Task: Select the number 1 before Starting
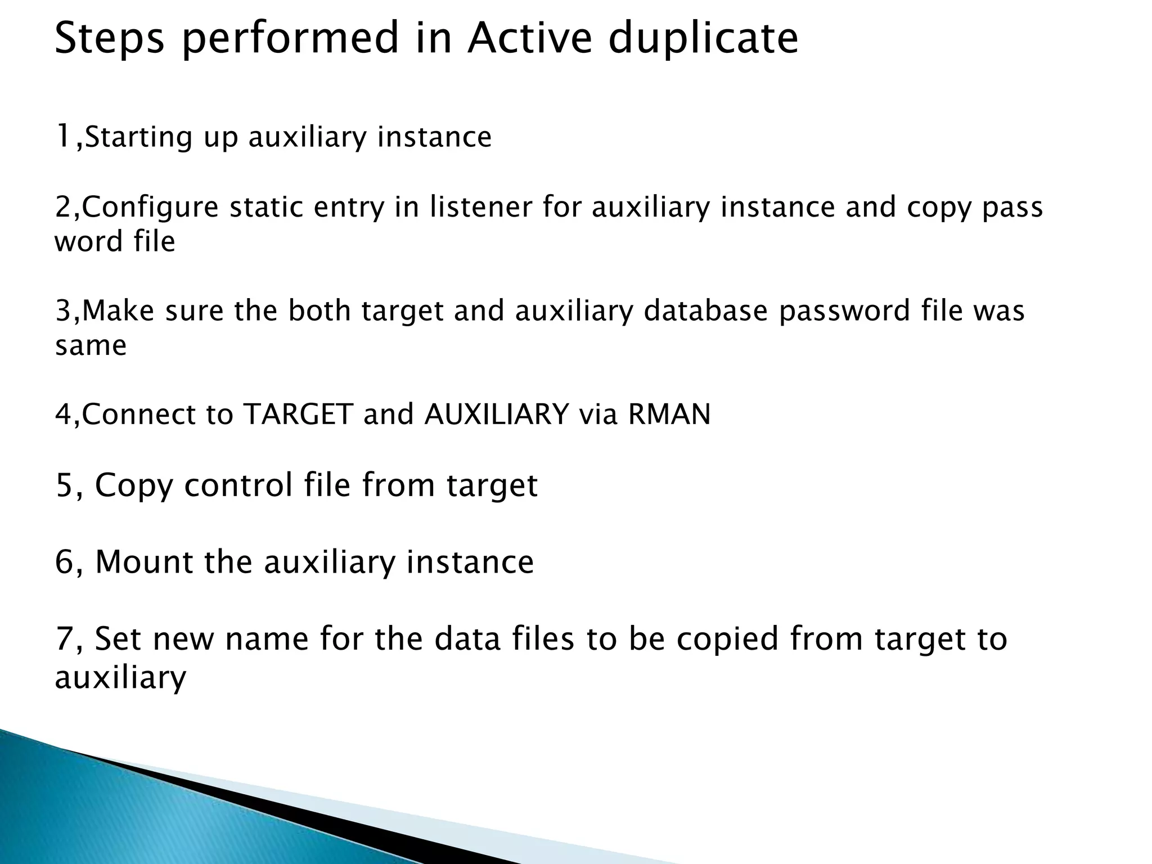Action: point(63,137)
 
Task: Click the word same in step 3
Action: point(91,345)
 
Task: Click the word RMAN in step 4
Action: point(669,415)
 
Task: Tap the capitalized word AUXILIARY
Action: point(497,415)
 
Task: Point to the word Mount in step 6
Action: point(144,561)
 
